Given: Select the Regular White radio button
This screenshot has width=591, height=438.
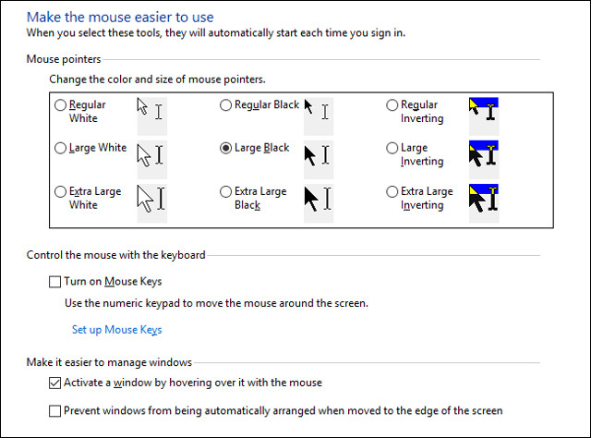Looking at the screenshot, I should point(61,105).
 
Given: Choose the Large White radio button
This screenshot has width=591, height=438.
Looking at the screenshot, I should point(61,148).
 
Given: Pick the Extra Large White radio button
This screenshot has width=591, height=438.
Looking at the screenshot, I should point(61,192).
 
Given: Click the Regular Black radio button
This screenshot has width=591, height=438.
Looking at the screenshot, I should point(225,105).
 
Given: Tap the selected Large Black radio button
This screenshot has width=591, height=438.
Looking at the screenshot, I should point(225,148).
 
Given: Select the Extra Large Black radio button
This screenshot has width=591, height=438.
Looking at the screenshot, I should point(225,192).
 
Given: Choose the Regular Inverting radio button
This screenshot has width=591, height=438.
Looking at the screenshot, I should point(392,105).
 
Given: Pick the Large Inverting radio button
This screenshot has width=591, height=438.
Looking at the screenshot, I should point(392,148).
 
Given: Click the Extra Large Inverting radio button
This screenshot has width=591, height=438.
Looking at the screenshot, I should point(392,192).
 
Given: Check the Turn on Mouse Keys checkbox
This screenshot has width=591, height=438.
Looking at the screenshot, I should point(54,282).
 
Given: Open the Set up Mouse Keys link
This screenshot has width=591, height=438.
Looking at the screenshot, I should point(116,330).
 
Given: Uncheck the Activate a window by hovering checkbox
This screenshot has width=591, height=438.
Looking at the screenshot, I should point(54,383).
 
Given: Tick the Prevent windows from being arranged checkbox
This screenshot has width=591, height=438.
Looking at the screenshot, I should point(54,410).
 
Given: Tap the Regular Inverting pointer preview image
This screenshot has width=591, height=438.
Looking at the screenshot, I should point(483,111).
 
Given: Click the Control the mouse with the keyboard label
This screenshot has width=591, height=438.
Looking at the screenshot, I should point(115,255).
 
